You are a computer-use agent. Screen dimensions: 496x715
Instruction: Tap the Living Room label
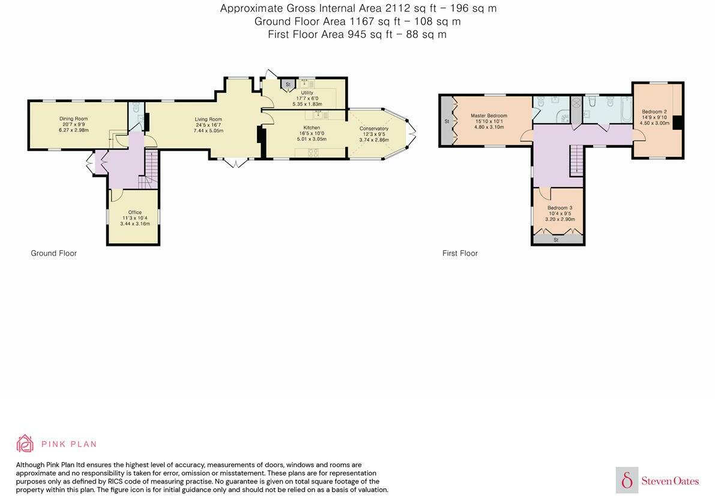pos(208,119)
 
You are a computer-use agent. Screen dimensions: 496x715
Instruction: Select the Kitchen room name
pos(312,127)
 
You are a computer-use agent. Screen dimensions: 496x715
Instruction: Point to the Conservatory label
pos(373,129)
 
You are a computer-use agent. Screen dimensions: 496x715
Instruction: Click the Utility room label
pos(307,93)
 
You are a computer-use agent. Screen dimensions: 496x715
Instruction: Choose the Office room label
pos(134,212)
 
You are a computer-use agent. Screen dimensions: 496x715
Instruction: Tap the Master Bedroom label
pos(489,115)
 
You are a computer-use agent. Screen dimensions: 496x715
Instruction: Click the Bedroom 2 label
pos(654,112)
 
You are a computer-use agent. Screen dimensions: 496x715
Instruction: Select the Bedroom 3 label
pos(560,208)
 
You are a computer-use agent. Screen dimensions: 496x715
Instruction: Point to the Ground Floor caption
pos(53,253)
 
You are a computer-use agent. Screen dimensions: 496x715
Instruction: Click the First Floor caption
pos(460,253)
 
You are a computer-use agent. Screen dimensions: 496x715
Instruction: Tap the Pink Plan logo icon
pos(25,444)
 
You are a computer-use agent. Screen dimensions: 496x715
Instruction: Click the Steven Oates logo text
pos(669,480)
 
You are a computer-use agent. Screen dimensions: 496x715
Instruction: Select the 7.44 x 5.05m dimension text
pos(208,130)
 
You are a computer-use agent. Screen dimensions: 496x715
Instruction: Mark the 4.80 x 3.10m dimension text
pos(489,127)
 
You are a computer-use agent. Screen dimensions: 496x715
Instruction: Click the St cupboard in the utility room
pos(288,85)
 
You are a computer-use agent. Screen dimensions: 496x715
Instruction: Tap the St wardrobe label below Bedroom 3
pos(556,240)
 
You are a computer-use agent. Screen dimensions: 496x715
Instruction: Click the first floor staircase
pos(576,160)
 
